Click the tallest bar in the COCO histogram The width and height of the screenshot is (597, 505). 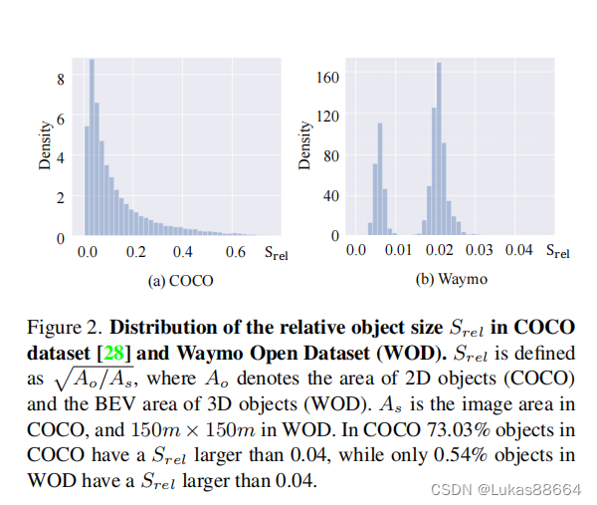click(x=92, y=147)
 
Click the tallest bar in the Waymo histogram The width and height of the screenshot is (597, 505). click(x=439, y=148)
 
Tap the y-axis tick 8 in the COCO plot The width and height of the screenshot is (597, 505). click(x=61, y=79)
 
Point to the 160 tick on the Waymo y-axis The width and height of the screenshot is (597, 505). click(x=327, y=77)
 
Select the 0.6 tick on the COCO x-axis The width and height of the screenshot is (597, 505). click(x=235, y=252)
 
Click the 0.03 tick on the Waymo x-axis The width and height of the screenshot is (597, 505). click(x=479, y=250)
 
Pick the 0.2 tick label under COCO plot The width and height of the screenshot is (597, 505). click(x=136, y=252)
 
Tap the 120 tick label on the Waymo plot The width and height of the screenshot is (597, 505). click(x=327, y=116)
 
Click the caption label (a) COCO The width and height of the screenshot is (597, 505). click(x=180, y=281)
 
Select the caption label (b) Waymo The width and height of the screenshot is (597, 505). click(x=452, y=279)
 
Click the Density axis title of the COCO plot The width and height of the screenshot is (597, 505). click(x=45, y=145)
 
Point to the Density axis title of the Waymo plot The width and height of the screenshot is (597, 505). click(x=304, y=145)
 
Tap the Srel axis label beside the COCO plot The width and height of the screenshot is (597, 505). click(x=276, y=253)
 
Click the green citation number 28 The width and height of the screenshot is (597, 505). click(x=113, y=353)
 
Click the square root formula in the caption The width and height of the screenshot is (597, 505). click(x=95, y=379)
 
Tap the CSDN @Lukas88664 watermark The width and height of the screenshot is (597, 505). click(x=506, y=489)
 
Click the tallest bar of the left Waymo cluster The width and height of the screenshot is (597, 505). click(x=380, y=179)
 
